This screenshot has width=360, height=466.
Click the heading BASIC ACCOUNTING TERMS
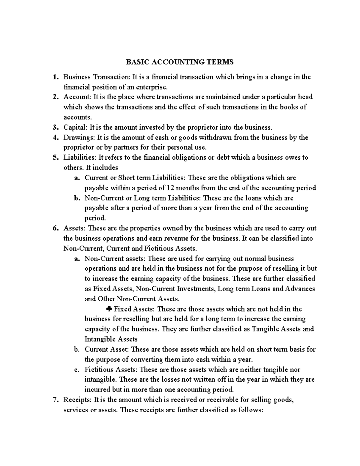(179, 62)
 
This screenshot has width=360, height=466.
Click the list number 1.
(55, 77)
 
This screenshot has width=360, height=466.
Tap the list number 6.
(55, 228)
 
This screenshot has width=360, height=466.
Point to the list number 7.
(55, 400)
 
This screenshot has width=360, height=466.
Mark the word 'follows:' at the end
(251, 410)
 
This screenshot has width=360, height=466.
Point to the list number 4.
(55, 138)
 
